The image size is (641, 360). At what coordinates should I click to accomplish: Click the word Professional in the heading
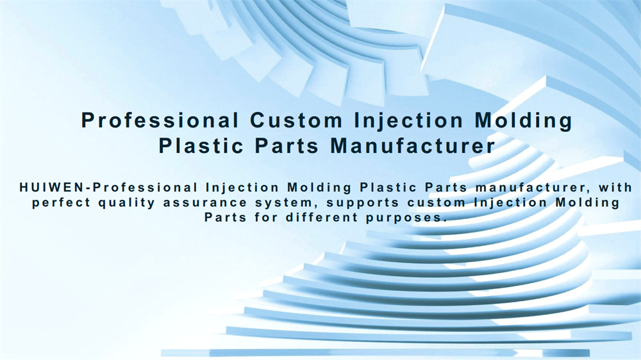click(160, 120)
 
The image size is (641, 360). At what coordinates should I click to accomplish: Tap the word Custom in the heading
click(296, 120)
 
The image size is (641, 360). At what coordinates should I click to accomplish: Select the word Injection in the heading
click(408, 121)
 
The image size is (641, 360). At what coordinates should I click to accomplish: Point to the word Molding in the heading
click(523, 121)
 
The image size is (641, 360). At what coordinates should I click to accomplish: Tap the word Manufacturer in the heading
click(413, 146)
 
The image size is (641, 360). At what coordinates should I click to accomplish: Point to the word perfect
click(61, 203)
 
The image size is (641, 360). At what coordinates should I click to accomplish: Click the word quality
click(127, 203)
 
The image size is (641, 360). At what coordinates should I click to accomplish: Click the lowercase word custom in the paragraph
click(437, 203)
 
